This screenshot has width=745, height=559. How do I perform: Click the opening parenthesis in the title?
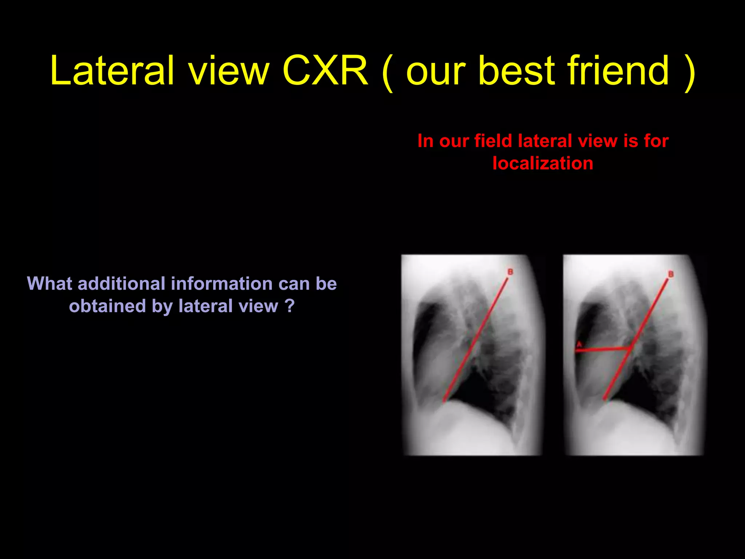coord(388,73)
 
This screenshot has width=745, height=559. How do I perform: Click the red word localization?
coord(543,163)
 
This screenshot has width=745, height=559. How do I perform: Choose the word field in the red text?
coord(493,141)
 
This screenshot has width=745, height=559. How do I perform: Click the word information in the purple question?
coord(222,284)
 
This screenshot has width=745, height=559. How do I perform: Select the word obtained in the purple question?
coord(107,306)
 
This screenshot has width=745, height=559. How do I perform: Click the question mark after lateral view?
coord(290,306)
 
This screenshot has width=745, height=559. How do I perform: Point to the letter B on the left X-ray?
coord(510,272)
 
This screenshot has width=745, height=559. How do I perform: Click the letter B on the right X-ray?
coord(671,274)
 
